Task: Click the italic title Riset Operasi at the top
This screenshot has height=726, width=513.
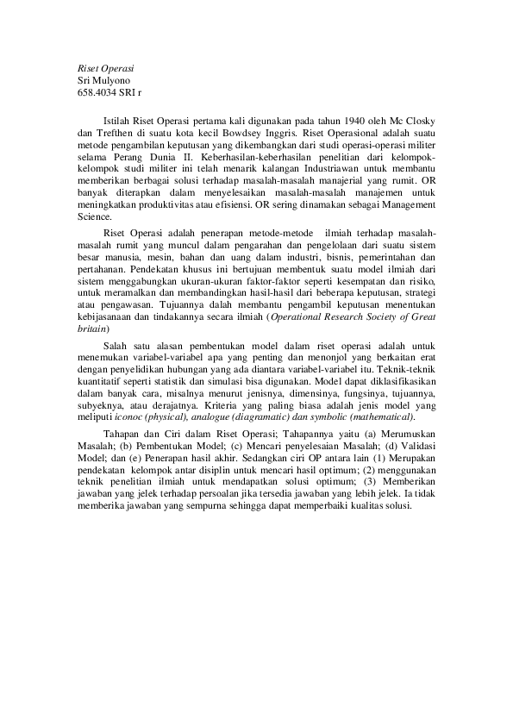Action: (x=106, y=67)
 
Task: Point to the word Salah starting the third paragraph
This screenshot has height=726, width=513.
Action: (x=116, y=346)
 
